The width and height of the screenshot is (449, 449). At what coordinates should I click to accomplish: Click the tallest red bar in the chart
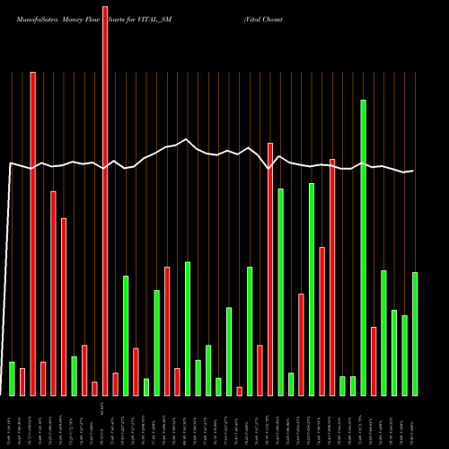point(105,198)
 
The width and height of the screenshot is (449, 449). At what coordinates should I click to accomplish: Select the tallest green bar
point(364,247)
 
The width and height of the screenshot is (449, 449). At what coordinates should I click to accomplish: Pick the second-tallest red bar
point(32,233)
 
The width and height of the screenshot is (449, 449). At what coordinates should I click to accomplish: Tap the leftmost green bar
point(12,378)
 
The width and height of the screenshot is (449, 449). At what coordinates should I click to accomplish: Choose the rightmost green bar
point(415,333)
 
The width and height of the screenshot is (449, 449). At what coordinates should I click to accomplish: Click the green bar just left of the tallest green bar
point(353,385)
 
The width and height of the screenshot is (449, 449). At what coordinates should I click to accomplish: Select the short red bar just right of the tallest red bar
point(115,383)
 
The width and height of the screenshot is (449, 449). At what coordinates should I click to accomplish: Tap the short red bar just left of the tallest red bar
point(94,388)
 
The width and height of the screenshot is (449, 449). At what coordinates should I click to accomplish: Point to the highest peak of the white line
point(186,139)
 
